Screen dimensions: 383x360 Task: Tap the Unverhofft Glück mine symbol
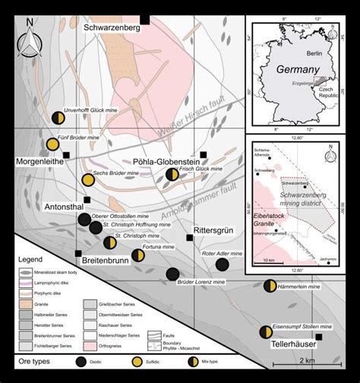[58, 118]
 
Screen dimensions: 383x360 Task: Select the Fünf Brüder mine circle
[52, 144]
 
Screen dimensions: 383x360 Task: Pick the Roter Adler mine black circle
[222, 264]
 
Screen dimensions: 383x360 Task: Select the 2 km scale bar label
[307, 359]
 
